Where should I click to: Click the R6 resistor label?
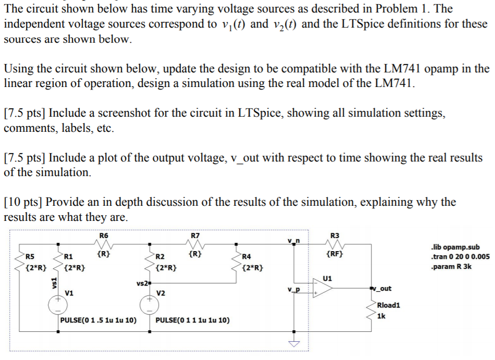click(x=104, y=235)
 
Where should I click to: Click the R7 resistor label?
click(x=195, y=235)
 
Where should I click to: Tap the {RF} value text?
click(x=334, y=255)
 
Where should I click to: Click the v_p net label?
click(x=293, y=288)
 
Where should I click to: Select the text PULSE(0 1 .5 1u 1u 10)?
click(x=98, y=320)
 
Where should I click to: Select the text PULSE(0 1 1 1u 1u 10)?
click(x=192, y=320)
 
